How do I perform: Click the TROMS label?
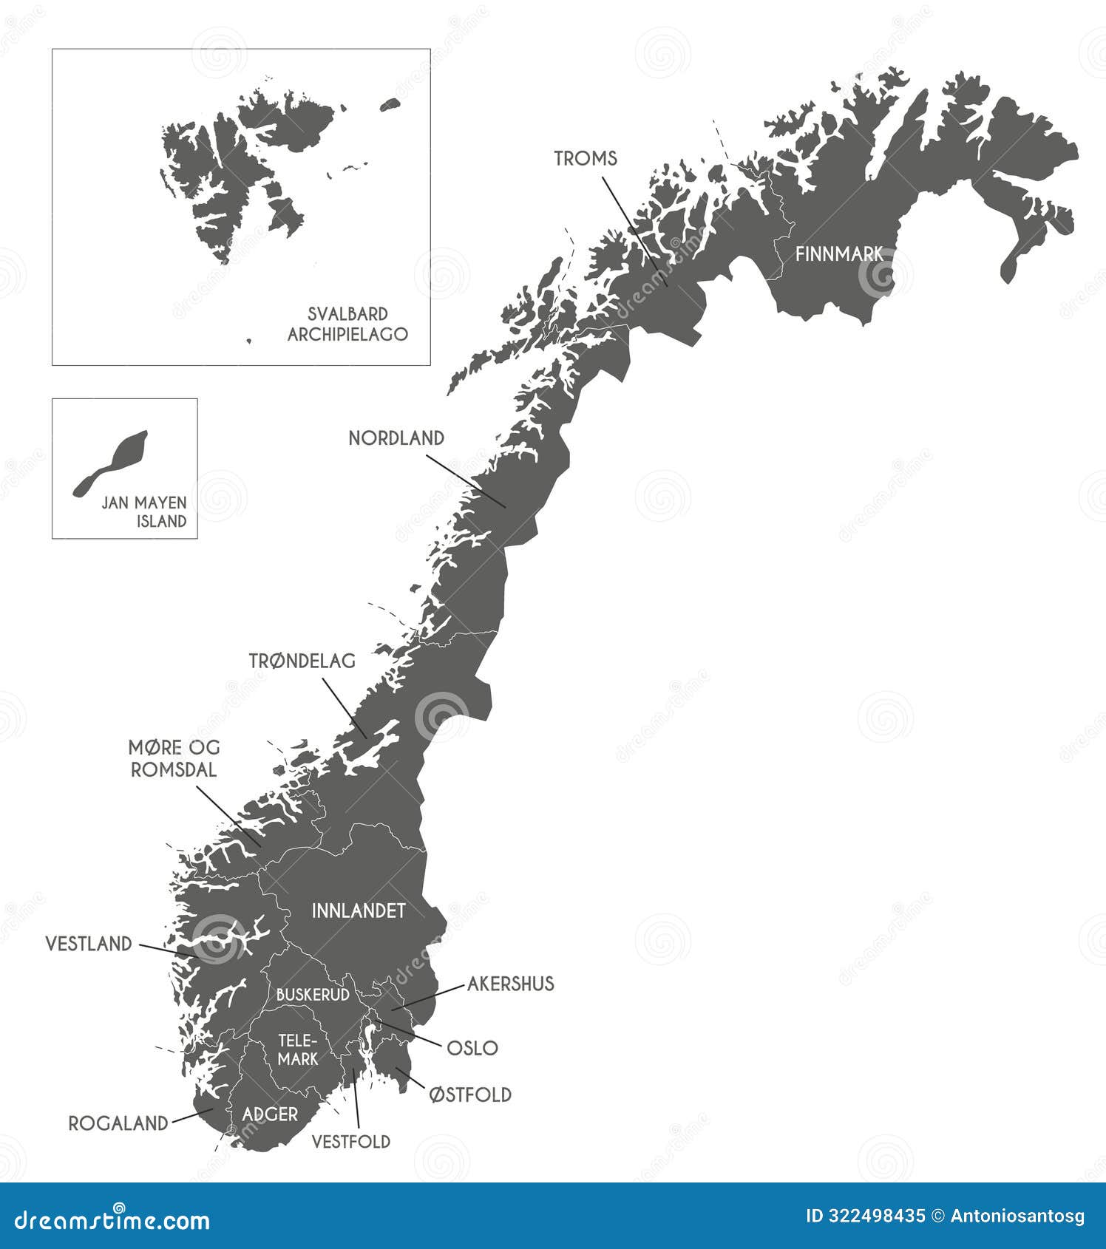tap(586, 158)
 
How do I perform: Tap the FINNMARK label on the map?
tap(838, 254)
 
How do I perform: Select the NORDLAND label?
tap(396, 438)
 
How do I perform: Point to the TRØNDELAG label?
tap(302, 661)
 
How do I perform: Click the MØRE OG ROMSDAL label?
tap(174, 758)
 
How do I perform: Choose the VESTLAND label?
tap(89, 944)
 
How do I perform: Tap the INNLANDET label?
tap(359, 911)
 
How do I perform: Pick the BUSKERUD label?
tap(312, 995)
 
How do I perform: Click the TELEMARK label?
tap(298, 1049)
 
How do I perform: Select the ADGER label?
tap(270, 1114)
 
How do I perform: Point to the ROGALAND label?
tap(118, 1123)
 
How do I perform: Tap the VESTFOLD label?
tap(350, 1142)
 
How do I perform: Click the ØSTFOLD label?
tap(470, 1095)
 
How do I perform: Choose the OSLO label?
tap(472, 1048)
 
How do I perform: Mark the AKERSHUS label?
tap(510, 984)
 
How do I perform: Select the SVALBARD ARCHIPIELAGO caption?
tap(347, 324)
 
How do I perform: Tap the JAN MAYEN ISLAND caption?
tap(144, 511)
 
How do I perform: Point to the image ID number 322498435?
tap(864, 1216)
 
